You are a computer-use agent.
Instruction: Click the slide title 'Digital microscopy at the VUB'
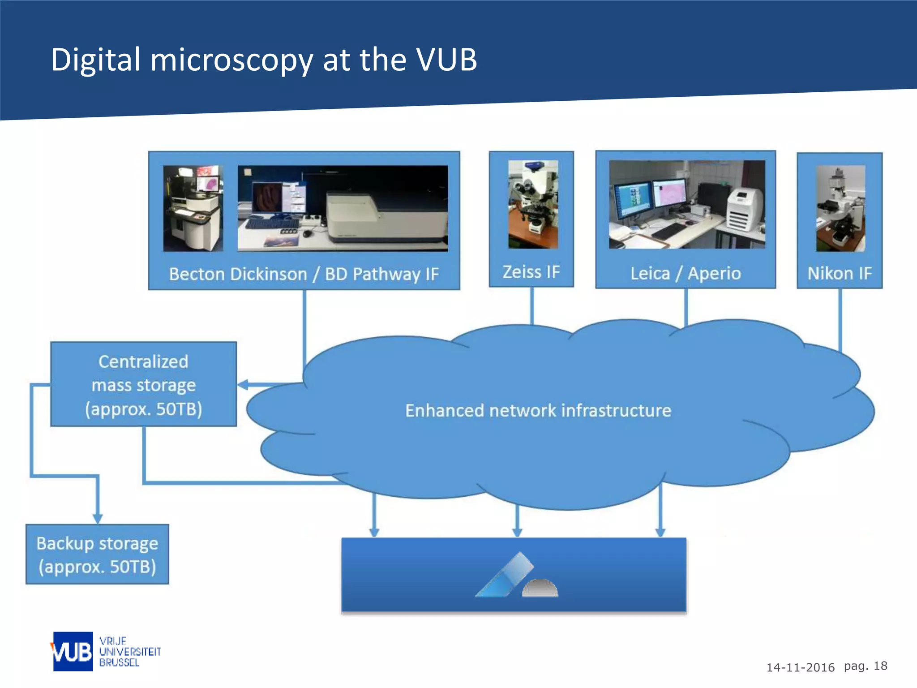click(264, 60)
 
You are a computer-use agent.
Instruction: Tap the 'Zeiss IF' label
click(531, 272)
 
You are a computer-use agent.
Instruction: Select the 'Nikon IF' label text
click(840, 273)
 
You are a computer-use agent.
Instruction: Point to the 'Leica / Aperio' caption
click(686, 273)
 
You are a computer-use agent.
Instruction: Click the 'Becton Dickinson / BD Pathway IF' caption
click(304, 274)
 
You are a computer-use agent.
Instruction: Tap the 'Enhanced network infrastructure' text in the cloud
click(538, 410)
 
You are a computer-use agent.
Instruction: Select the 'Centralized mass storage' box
click(143, 384)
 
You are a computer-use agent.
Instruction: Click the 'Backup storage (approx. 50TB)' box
click(97, 555)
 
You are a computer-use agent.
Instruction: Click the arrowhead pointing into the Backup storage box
click(98, 518)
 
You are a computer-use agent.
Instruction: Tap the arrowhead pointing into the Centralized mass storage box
click(243, 384)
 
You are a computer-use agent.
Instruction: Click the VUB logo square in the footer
click(73, 651)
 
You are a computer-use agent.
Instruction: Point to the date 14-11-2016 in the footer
click(800, 667)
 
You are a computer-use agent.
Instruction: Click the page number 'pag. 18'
click(865, 666)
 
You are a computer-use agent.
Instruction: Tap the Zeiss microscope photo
click(533, 204)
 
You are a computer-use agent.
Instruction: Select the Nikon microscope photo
click(840, 208)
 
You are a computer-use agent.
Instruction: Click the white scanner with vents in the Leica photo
click(742, 209)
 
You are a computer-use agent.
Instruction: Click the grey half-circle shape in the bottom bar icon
click(540, 588)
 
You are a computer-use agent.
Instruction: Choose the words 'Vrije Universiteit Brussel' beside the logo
click(129, 652)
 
